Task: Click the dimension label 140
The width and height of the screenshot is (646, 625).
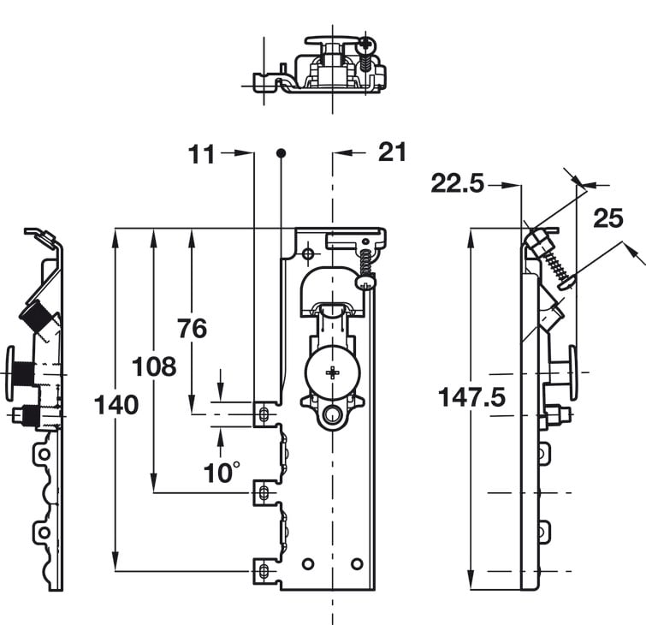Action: (116, 405)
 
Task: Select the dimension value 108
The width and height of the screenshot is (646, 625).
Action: (154, 366)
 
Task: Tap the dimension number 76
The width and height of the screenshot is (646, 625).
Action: (193, 329)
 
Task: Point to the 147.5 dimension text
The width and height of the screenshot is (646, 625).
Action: (471, 397)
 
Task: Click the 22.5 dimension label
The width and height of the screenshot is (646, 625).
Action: (457, 183)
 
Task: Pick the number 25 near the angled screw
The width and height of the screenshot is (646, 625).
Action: (608, 218)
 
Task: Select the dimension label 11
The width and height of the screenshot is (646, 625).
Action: (201, 155)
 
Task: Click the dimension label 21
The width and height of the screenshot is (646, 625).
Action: (392, 152)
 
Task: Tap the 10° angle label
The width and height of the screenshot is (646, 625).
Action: (222, 473)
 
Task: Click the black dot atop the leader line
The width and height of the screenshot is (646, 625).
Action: (281, 153)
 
